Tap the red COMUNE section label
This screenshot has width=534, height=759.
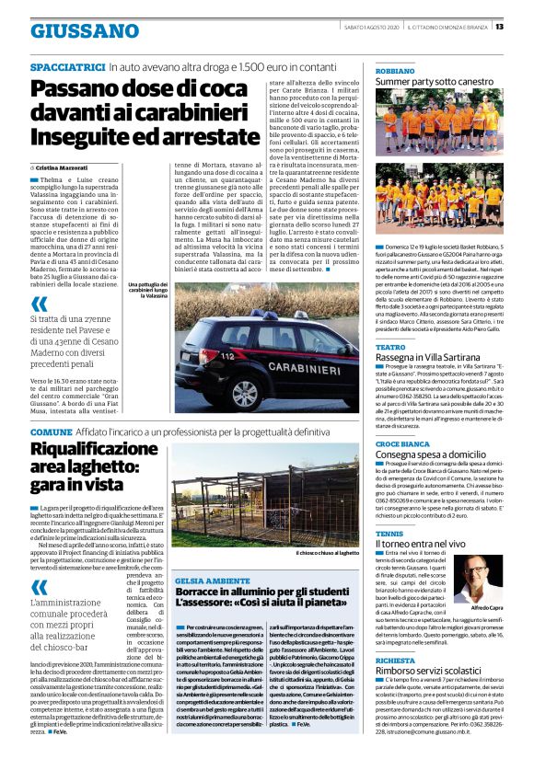point(50,431)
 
